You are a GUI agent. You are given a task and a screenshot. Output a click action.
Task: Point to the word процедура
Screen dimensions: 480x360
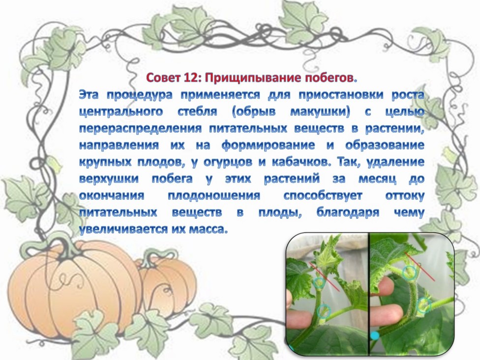(x=140, y=95)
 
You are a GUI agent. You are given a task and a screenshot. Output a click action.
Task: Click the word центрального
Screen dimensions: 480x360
(x=121, y=112)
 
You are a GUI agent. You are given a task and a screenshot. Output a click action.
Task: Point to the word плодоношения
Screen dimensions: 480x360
(x=214, y=196)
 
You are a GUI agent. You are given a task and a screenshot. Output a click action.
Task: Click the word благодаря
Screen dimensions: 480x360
(x=348, y=212)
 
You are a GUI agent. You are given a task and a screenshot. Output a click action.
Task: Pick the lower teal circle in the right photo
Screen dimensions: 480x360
(x=424, y=305)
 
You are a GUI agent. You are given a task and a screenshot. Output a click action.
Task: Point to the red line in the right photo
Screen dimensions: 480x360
(x=420, y=267)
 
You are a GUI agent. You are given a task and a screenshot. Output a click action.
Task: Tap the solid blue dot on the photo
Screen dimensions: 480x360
(x=374, y=335)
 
